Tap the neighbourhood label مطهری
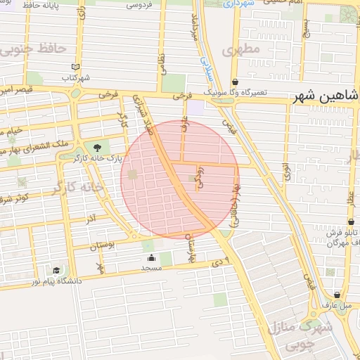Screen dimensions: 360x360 tap(240, 51)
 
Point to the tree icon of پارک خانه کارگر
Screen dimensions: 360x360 tap(96, 148)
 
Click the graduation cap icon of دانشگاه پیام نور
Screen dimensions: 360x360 tap(56, 270)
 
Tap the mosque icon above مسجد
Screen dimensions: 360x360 tap(150, 257)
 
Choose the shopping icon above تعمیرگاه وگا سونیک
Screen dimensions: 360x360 tap(234, 82)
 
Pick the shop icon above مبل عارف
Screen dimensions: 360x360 tap(338, 295)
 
